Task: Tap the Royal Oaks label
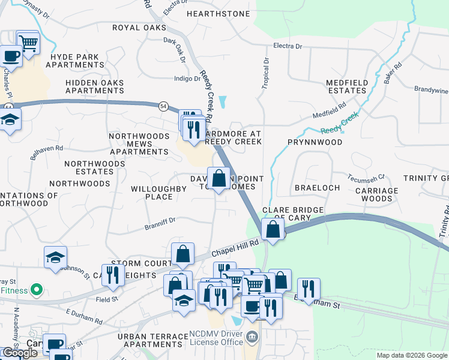point(139,28)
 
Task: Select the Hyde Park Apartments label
point(78,61)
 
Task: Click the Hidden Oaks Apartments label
point(95,86)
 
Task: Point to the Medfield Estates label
point(346,86)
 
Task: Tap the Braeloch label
point(318,187)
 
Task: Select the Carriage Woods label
point(377,194)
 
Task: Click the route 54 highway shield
point(163,106)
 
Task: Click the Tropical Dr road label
point(266,74)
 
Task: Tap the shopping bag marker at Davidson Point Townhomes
point(218,178)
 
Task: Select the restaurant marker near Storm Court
point(113,275)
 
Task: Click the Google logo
point(20,353)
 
